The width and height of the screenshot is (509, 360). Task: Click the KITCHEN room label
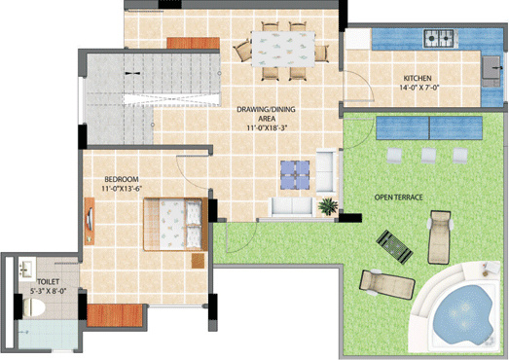pyautogui.click(x=418, y=78)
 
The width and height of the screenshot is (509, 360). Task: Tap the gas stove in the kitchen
pyautogui.click(x=439, y=38)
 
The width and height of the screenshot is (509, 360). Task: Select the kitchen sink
pyautogui.click(x=491, y=67)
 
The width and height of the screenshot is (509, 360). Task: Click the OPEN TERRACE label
pyautogui.click(x=399, y=198)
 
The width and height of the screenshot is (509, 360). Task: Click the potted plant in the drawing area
pyautogui.click(x=328, y=206)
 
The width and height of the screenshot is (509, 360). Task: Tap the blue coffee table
pyautogui.click(x=295, y=175)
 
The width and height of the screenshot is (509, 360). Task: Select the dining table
pyautogui.click(x=283, y=49)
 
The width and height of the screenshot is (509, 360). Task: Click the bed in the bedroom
pyautogui.click(x=175, y=224)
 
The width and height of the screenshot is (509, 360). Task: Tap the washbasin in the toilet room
pyautogui.click(x=27, y=270)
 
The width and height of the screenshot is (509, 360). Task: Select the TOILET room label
pyautogui.click(x=48, y=282)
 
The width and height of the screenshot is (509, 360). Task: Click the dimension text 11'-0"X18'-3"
pyautogui.click(x=268, y=127)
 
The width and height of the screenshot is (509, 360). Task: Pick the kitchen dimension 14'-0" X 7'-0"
pyautogui.click(x=418, y=88)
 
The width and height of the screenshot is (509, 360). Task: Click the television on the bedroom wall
pyautogui.click(x=90, y=221)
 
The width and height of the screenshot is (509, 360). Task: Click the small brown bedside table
pyautogui.click(x=198, y=261)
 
